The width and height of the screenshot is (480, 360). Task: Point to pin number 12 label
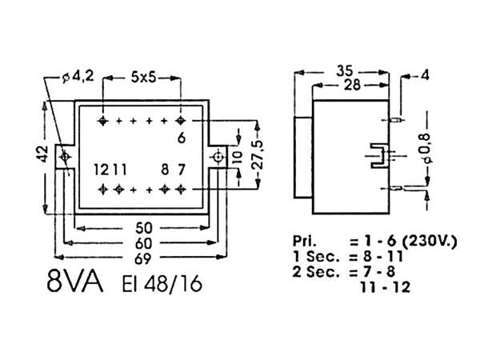(x=100, y=169)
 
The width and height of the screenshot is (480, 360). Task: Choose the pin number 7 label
(x=182, y=169)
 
